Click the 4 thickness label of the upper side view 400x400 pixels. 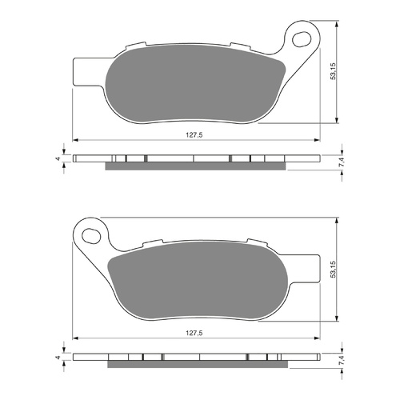(58, 158)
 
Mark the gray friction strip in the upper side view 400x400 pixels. (196, 166)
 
